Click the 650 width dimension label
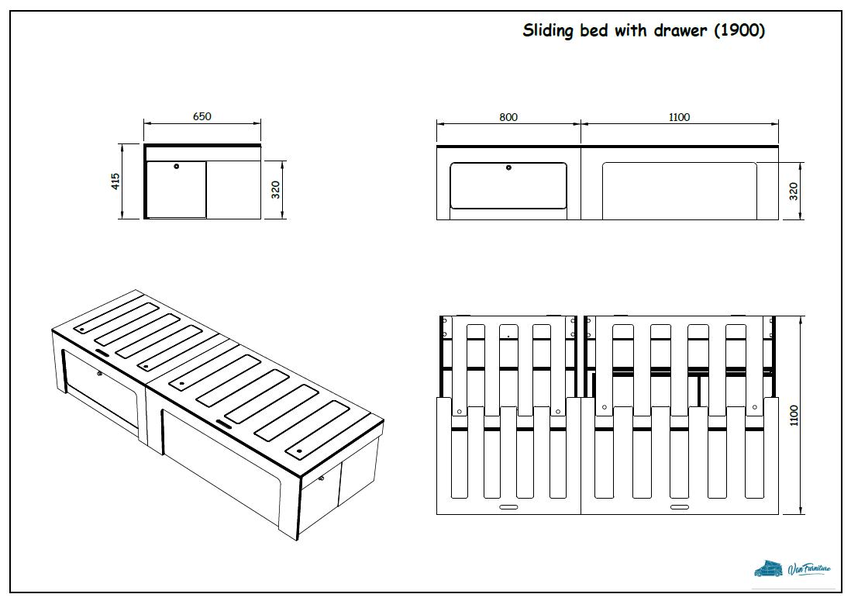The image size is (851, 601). tap(202, 116)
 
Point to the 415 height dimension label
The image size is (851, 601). tap(115, 181)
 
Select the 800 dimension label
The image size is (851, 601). tap(508, 117)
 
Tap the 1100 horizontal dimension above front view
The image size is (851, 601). tap(679, 117)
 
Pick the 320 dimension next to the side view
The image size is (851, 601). tap(276, 190)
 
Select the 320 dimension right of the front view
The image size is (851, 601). tap(794, 191)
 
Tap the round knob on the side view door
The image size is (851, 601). tap(177, 166)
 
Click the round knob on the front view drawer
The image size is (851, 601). tap(508, 168)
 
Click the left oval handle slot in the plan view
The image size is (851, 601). tap(508, 506)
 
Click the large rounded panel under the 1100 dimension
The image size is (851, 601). tap(679, 190)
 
